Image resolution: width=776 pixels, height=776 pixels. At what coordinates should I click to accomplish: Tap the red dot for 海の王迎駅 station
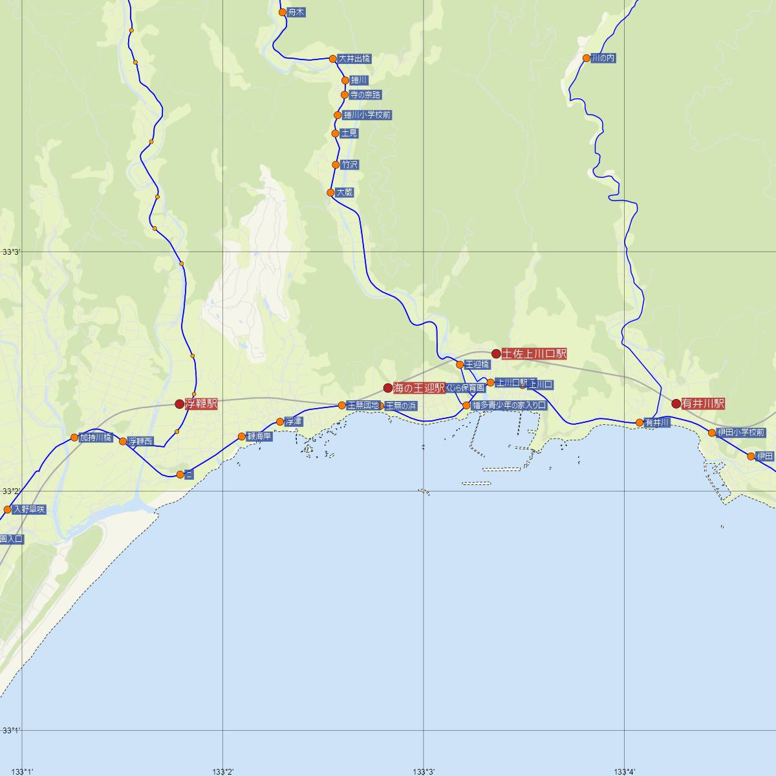[x=388, y=388]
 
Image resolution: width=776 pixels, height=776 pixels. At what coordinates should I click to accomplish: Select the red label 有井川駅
[x=703, y=404]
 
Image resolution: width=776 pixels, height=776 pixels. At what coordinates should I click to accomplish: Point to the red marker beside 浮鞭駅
[x=180, y=404]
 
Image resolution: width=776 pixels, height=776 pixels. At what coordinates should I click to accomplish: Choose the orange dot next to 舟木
[x=282, y=12]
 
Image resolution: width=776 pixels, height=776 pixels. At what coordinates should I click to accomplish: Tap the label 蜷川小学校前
[x=367, y=115]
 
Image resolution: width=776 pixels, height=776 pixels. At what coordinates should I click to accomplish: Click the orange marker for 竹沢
[x=336, y=165]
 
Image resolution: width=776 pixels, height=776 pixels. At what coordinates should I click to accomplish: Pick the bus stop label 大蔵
[x=345, y=193]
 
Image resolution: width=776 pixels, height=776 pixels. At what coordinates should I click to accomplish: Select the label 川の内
[x=603, y=58]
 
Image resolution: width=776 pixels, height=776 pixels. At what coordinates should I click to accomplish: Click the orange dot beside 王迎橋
[x=460, y=365]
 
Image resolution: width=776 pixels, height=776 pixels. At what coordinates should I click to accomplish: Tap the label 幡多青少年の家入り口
[x=510, y=405]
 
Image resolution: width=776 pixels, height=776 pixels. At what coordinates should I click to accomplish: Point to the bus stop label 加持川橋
[x=96, y=437]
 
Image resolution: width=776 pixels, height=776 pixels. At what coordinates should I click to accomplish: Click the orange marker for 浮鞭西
[x=123, y=442]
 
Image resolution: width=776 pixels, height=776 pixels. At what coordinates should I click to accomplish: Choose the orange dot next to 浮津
[x=280, y=422]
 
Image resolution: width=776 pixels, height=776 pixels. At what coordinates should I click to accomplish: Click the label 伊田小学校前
[x=741, y=433]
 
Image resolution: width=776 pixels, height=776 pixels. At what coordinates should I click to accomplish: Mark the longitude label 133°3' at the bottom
[x=424, y=771]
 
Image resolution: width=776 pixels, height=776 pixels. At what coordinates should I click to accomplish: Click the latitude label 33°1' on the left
[x=11, y=731]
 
